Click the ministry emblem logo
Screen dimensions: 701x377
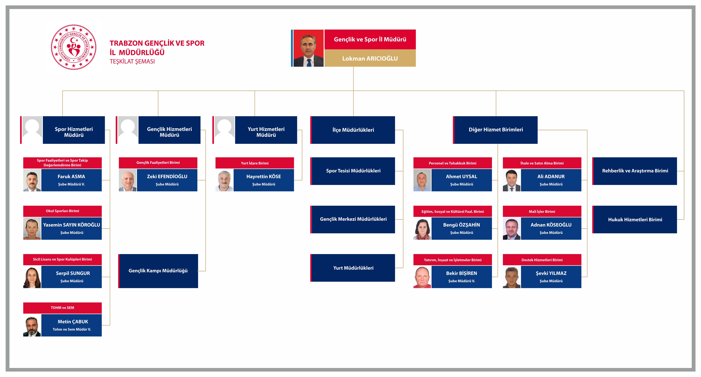(x=73, y=47)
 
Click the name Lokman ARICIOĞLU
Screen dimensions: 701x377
(x=370, y=58)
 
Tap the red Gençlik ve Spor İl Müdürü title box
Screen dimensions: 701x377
(x=370, y=39)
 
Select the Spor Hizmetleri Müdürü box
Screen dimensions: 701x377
(x=74, y=130)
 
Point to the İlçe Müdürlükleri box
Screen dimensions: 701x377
(x=353, y=130)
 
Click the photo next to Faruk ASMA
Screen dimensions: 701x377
(x=32, y=180)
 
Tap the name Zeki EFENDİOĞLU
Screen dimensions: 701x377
(x=167, y=176)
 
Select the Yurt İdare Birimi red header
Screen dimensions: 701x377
(x=255, y=163)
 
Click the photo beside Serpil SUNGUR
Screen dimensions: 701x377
(x=32, y=277)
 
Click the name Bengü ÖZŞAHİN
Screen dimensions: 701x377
(x=462, y=225)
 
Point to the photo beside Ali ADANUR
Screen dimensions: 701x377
(x=512, y=180)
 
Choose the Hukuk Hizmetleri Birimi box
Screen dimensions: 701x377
(x=635, y=219)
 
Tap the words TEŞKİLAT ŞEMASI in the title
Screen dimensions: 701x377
(x=132, y=61)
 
